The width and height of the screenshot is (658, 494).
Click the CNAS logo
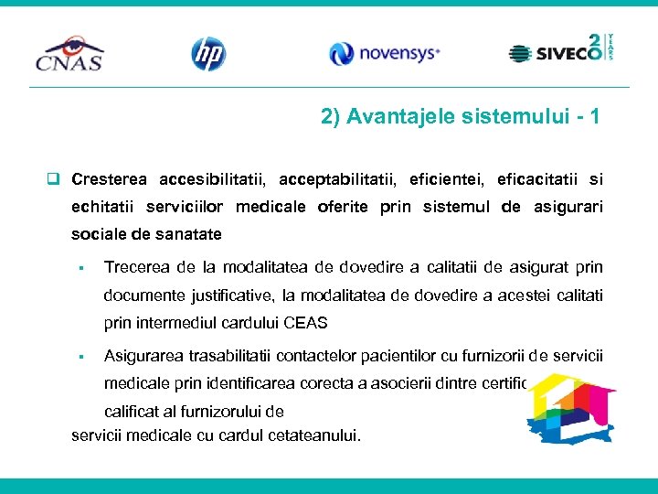69,53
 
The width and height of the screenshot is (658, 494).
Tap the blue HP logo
207,54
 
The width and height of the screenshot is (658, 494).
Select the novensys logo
384,54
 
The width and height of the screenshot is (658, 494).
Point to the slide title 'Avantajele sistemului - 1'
461,117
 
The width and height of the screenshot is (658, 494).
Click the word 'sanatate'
193,235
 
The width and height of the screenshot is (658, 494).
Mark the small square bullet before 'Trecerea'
81,268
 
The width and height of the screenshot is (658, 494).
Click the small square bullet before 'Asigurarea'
81,356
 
